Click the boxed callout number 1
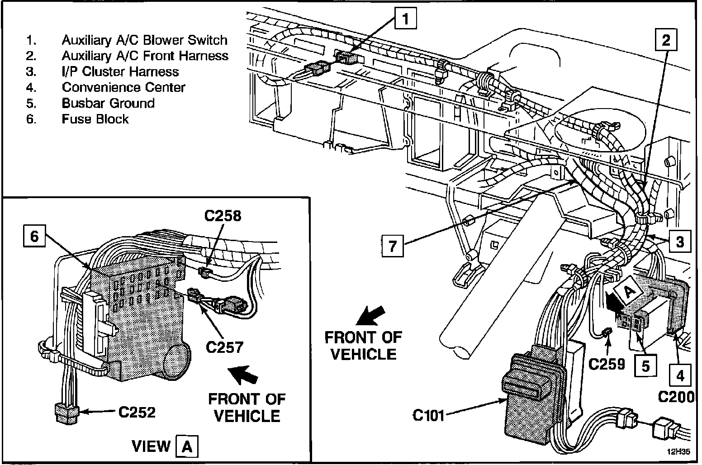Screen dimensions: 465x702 pyautogui.click(x=405, y=19)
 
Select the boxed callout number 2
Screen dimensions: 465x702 pyautogui.click(x=665, y=40)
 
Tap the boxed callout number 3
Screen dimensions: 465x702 pyautogui.click(x=680, y=242)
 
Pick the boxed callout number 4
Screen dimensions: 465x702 pyautogui.click(x=680, y=375)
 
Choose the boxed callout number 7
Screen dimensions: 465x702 pyautogui.click(x=392, y=246)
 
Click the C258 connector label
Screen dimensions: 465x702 pyautogui.click(x=223, y=216)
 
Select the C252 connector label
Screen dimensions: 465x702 pyautogui.click(x=137, y=412)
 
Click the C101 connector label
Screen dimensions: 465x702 pyautogui.click(x=428, y=414)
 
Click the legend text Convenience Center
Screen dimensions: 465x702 pyautogui.click(x=123, y=87)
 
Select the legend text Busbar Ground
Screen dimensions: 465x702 pyautogui.click(x=108, y=103)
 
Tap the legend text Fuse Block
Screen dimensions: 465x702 pyautogui.click(x=95, y=119)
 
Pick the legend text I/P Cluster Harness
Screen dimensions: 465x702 pyautogui.click(x=120, y=71)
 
